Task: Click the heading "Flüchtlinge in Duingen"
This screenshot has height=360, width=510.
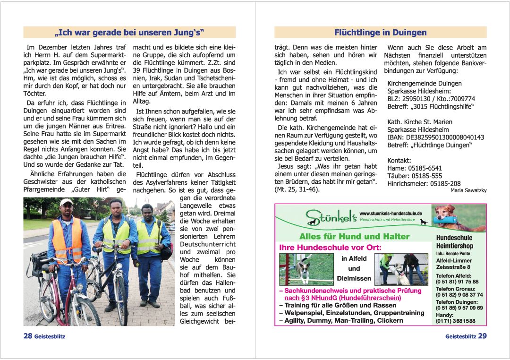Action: [380, 33]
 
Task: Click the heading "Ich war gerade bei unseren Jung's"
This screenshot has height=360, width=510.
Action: [129, 33]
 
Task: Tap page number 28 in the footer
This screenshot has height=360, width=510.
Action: [28, 336]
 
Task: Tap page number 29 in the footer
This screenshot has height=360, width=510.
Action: [482, 336]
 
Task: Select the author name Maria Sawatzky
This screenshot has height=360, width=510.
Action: [468, 190]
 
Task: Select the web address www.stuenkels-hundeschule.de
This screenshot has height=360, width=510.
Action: [391, 214]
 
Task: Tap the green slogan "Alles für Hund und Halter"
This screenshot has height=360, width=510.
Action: [354, 236]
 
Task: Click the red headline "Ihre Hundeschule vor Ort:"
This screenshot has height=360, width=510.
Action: [330, 248]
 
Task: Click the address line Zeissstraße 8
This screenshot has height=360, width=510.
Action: [452, 267]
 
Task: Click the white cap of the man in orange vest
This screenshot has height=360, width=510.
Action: [67, 203]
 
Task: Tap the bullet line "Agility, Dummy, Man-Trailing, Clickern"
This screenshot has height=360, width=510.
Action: [341, 320]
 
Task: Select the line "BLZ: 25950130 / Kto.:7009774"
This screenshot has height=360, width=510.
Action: [431, 99]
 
